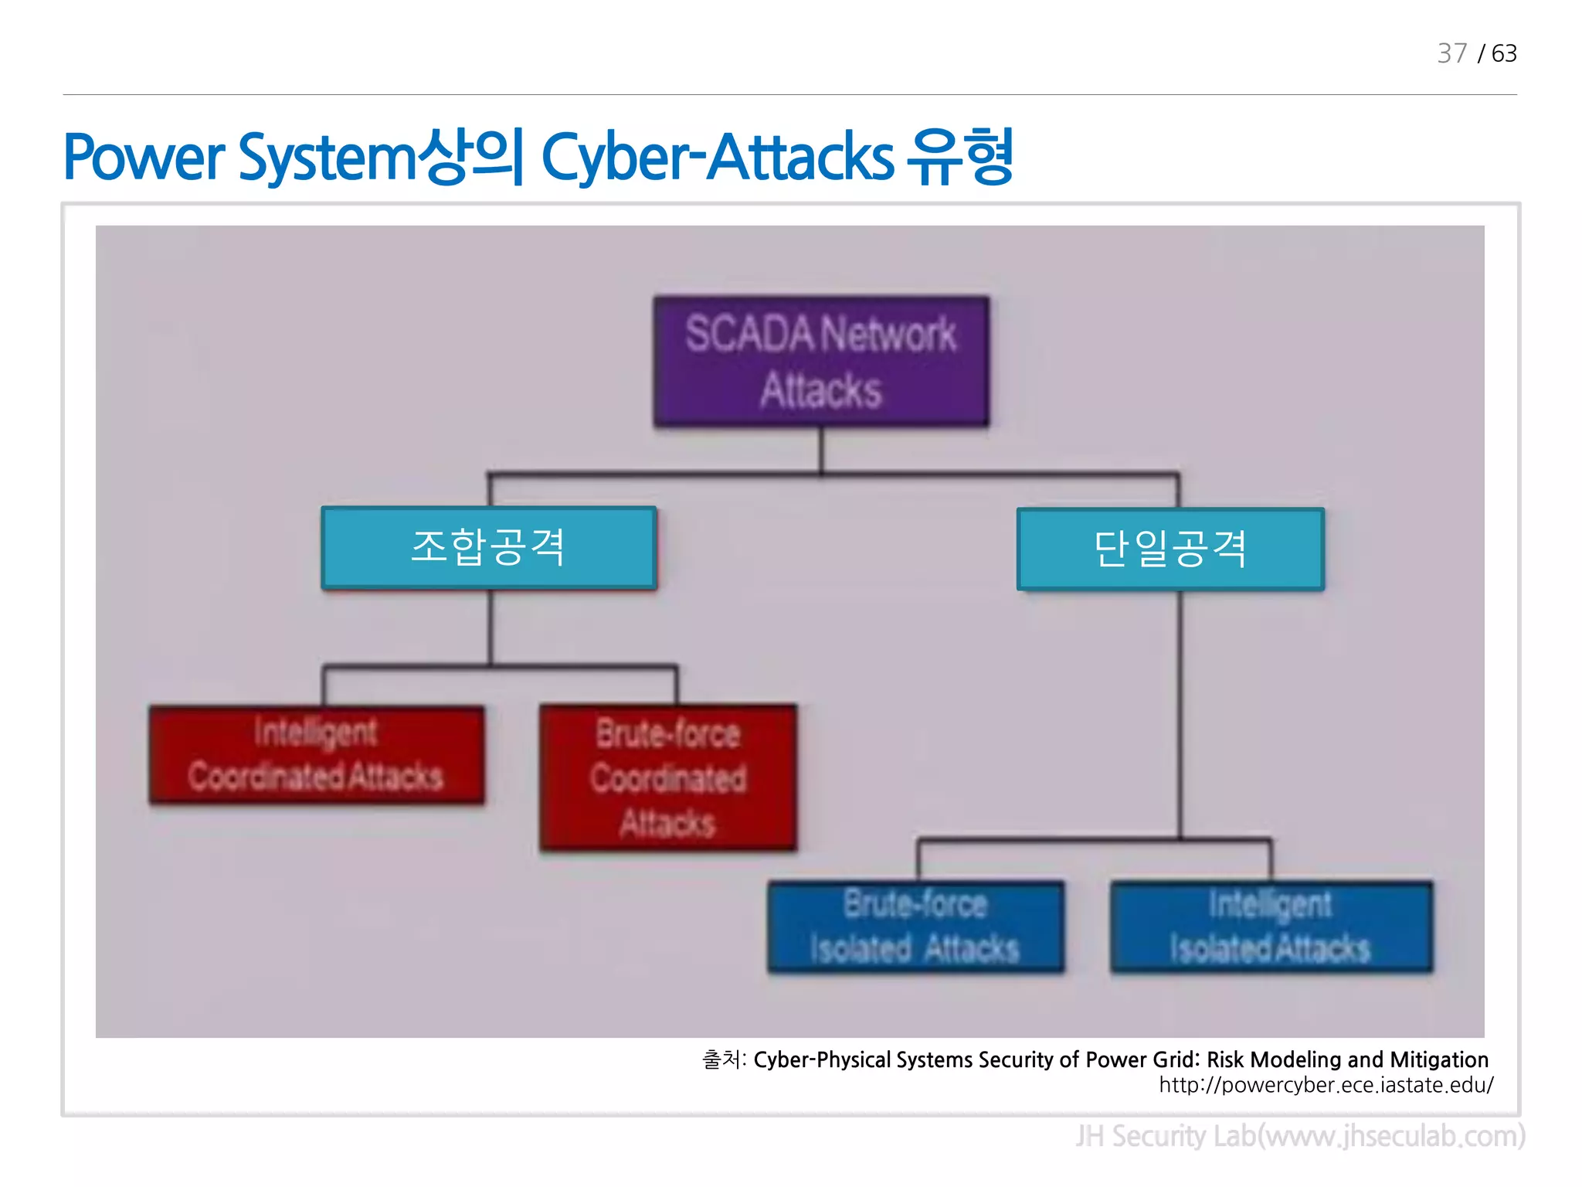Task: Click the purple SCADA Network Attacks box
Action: pos(821,361)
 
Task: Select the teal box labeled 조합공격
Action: pos(489,547)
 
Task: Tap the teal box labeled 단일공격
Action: pos(1170,549)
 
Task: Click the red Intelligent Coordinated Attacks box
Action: pos(317,754)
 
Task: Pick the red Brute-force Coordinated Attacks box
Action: pos(668,777)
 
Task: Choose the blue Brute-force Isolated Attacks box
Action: pos(915,926)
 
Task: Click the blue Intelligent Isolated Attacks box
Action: pos(1271,926)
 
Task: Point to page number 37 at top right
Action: pos(1451,53)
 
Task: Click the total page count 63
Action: pos(1503,53)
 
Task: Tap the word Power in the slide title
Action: pos(144,158)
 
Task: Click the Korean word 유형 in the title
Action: pos(960,158)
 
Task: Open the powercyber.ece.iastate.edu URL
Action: pos(1326,1085)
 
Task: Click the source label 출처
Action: pos(721,1059)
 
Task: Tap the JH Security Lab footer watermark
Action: pos(1300,1136)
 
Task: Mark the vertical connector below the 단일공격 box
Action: pos(1180,711)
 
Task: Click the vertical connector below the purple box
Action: pos(821,449)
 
